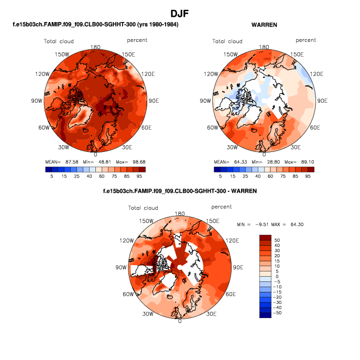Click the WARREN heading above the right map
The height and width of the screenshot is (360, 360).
tap(264, 25)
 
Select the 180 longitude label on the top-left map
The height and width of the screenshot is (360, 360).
tap(95, 47)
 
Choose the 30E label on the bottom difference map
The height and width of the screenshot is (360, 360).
tap(212, 314)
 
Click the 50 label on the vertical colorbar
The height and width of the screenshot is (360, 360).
tap(278, 238)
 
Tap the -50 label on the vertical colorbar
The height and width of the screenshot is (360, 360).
tap(280, 312)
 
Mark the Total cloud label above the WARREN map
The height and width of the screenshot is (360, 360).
tap(227, 41)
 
